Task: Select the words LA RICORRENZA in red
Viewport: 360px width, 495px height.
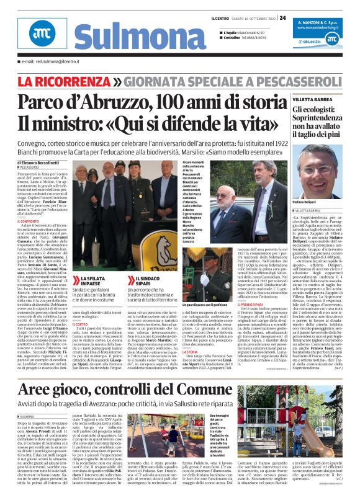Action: coord(64,81)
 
